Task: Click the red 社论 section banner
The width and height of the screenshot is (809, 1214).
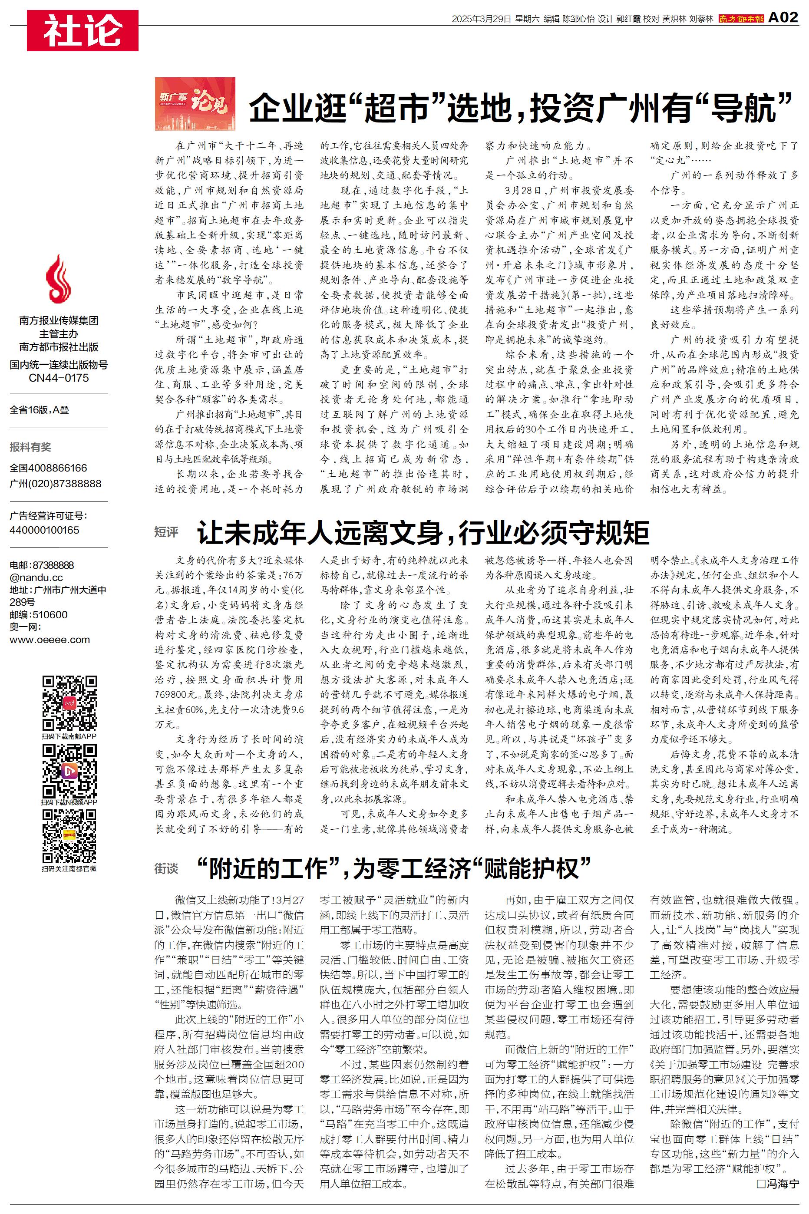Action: pyautogui.click(x=83, y=30)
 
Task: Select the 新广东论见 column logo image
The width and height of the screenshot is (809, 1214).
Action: pyautogui.click(x=195, y=104)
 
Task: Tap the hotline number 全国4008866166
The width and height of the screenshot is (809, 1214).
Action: pyautogui.click(x=49, y=468)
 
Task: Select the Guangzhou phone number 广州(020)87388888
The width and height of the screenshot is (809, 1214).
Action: pyautogui.click(x=55, y=484)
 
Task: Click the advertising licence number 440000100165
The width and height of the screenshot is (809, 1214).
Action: pyautogui.click(x=44, y=530)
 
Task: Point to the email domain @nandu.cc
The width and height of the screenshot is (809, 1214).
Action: pyautogui.click(x=36, y=577)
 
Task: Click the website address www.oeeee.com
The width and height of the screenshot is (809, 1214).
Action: pyautogui.click(x=50, y=640)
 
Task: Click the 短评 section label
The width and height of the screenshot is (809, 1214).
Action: pyautogui.click(x=166, y=532)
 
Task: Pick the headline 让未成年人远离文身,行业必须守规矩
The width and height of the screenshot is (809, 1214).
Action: pyautogui.click(x=423, y=533)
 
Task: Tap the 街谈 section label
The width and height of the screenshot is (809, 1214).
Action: pyautogui.click(x=166, y=869)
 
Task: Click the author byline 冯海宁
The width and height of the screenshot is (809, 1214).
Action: pyautogui.click(x=778, y=1184)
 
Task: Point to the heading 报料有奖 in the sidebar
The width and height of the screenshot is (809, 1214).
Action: pyautogui.click(x=30, y=447)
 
